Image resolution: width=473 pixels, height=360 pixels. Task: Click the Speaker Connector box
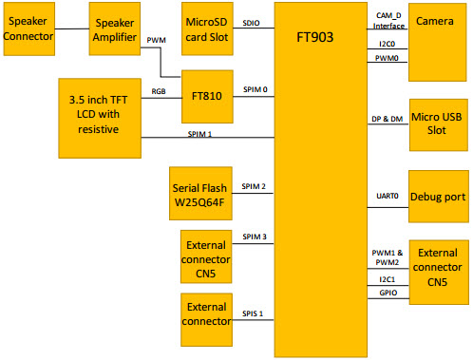point(27,28)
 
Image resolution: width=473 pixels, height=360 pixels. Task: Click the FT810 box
point(207,96)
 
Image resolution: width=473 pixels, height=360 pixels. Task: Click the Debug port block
point(437,197)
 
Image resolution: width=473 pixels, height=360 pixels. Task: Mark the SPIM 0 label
point(255,88)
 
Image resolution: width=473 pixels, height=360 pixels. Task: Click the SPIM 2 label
point(254,186)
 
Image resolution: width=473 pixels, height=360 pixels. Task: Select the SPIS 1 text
point(254,313)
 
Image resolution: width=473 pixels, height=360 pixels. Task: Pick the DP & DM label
point(388,120)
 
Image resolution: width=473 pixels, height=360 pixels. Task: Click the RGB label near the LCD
point(160,91)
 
